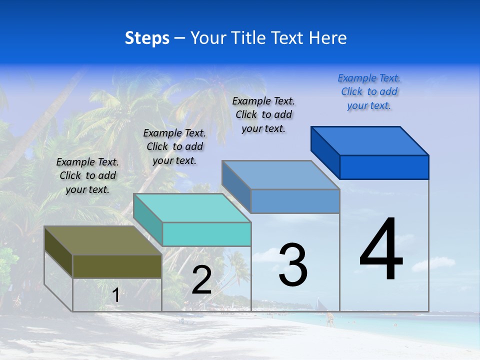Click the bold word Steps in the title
pyautogui.click(x=147, y=38)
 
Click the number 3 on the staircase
pyautogui.click(x=293, y=264)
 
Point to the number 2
pyautogui.click(x=201, y=280)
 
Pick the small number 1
pyautogui.click(x=115, y=295)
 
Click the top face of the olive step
pyautogui.click(x=102, y=240)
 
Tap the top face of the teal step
pyautogui.click(x=192, y=208)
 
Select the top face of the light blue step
pyautogui.click(x=280, y=175)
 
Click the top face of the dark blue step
pyautogui.click(x=370, y=141)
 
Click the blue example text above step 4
pyautogui.click(x=369, y=92)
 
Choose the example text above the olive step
pyautogui.click(x=87, y=175)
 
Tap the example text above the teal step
pyautogui.click(x=174, y=146)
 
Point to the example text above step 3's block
pyautogui.click(x=263, y=114)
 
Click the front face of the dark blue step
pyautogui.click(x=384, y=167)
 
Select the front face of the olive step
pyautogui.click(x=117, y=266)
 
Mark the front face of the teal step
pyautogui.click(x=206, y=234)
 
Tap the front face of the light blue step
pyautogui.click(x=295, y=201)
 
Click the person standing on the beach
pyautogui.click(x=330, y=319)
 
